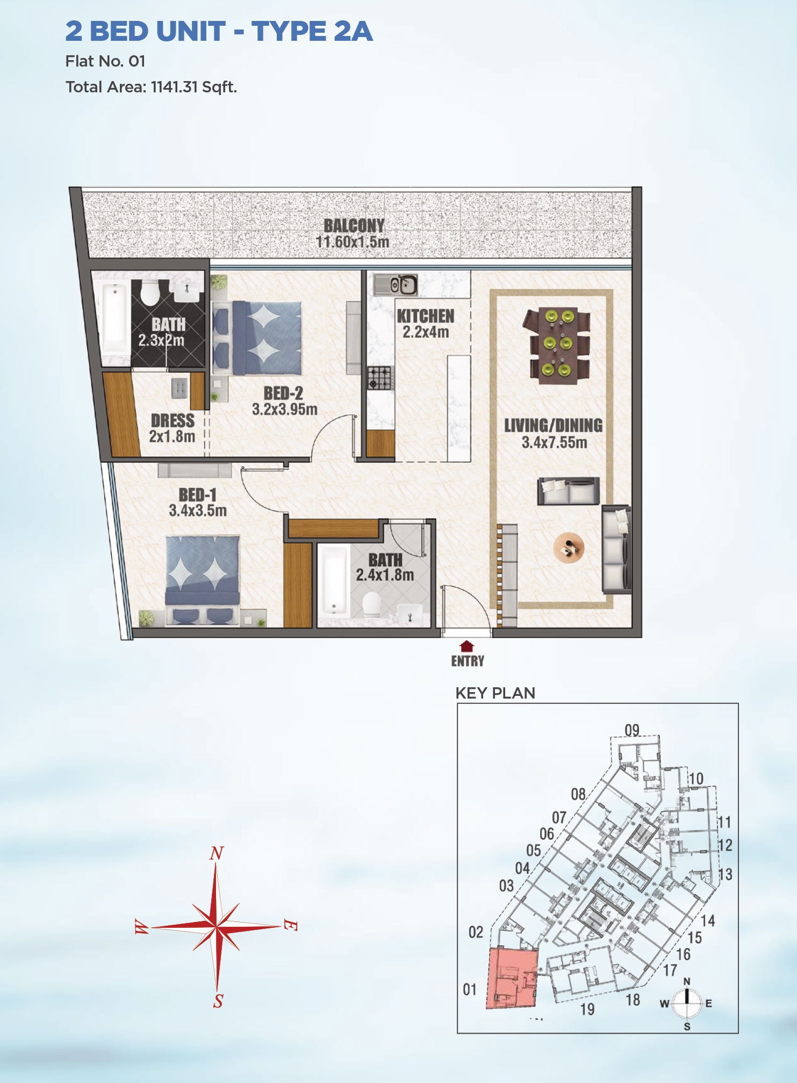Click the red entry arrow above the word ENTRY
pos(467,646)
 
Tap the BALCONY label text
pos(354,226)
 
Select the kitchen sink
pos(396,285)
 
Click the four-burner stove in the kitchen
pos(379,377)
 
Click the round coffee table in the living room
pos(569,547)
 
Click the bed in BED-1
pos(203,580)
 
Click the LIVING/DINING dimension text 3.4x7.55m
pos(554,442)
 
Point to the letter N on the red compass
pos(216,853)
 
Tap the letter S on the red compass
pos(218,1001)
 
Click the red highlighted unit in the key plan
pos(512,978)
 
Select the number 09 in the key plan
pos(632,730)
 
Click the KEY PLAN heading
pos(495,693)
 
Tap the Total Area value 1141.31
pos(175,87)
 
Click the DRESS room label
pos(173,420)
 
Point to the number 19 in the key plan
pos(587,1009)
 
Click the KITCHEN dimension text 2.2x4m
pos(426,332)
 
